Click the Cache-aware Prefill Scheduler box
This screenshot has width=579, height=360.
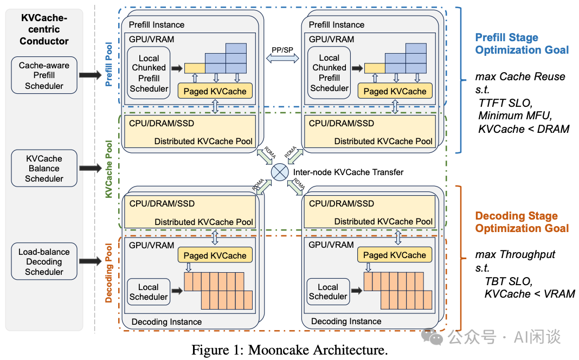point(44,75)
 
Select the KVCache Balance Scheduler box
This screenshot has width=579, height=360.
point(44,168)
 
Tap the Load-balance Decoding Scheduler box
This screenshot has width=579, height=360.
point(44,262)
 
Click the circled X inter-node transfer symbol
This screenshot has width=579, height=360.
point(280,172)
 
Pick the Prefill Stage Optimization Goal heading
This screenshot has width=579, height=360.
point(522,44)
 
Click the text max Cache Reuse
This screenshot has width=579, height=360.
point(520,76)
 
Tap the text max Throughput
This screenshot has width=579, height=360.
point(515,254)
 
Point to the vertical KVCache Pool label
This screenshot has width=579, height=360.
point(109,169)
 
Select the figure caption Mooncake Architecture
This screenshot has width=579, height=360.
point(289,350)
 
